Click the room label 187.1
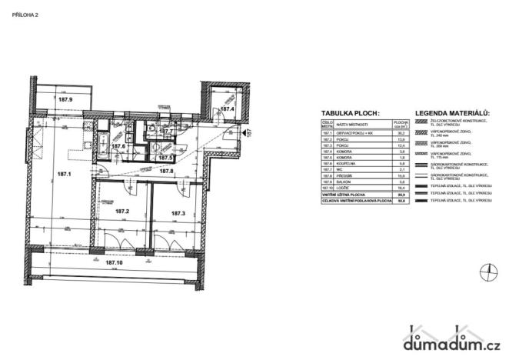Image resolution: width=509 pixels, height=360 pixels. click(x=64, y=175)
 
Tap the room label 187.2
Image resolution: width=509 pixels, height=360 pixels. click(x=121, y=211)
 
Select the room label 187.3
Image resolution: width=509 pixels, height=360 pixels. click(x=178, y=213)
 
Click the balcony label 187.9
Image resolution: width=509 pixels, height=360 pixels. click(x=65, y=100)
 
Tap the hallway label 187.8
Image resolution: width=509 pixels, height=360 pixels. click(x=166, y=171)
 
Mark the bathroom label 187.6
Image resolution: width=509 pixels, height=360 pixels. click(x=118, y=146)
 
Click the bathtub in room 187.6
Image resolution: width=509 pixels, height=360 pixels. click(x=103, y=139)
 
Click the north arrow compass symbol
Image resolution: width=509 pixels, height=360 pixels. click(x=486, y=269)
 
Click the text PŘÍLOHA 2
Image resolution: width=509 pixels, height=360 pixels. click(x=25, y=15)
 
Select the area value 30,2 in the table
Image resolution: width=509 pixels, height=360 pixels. click(x=399, y=133)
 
